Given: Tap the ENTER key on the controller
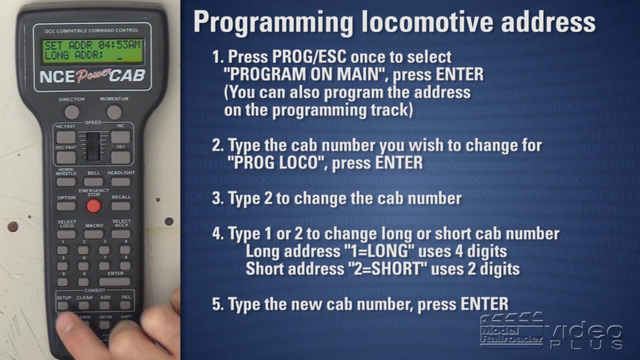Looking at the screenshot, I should pyautogui.click(x=115, y=281).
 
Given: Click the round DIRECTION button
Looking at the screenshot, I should pyautogui.click(x=72, y=112).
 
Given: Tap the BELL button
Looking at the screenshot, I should pyautogui.click(x=94, y=182).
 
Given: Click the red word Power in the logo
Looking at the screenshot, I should pyautogui.click(x=92, y=76).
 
